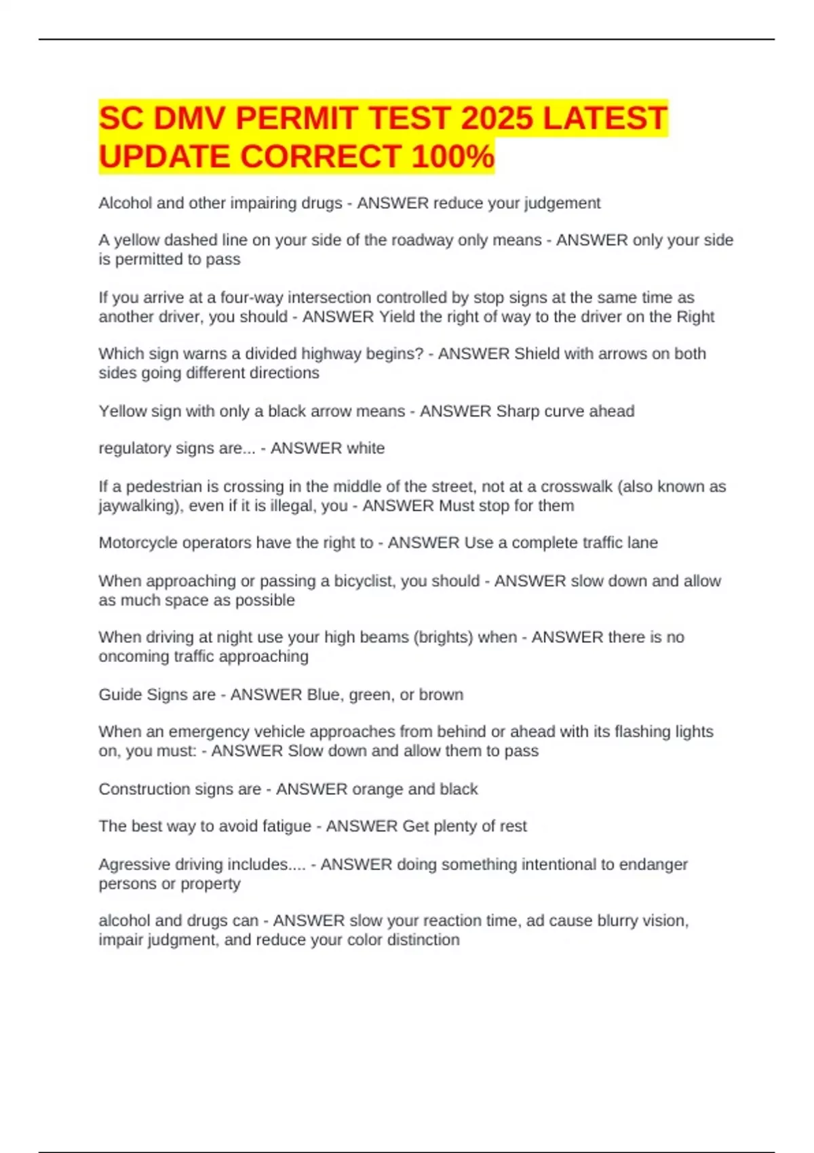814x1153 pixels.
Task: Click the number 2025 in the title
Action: coord(497,119)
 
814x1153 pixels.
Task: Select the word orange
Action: coord(379,789)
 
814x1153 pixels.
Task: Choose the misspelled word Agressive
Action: coord(134,865)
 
